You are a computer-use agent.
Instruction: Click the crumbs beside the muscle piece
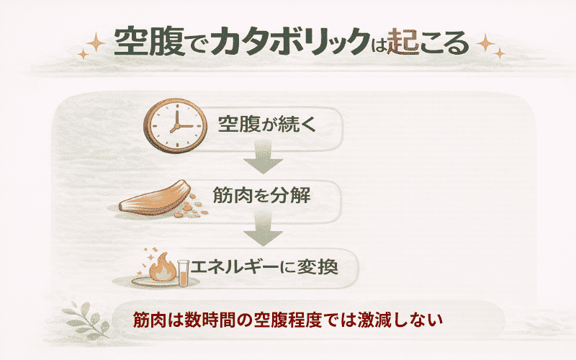tap(193, 209)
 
